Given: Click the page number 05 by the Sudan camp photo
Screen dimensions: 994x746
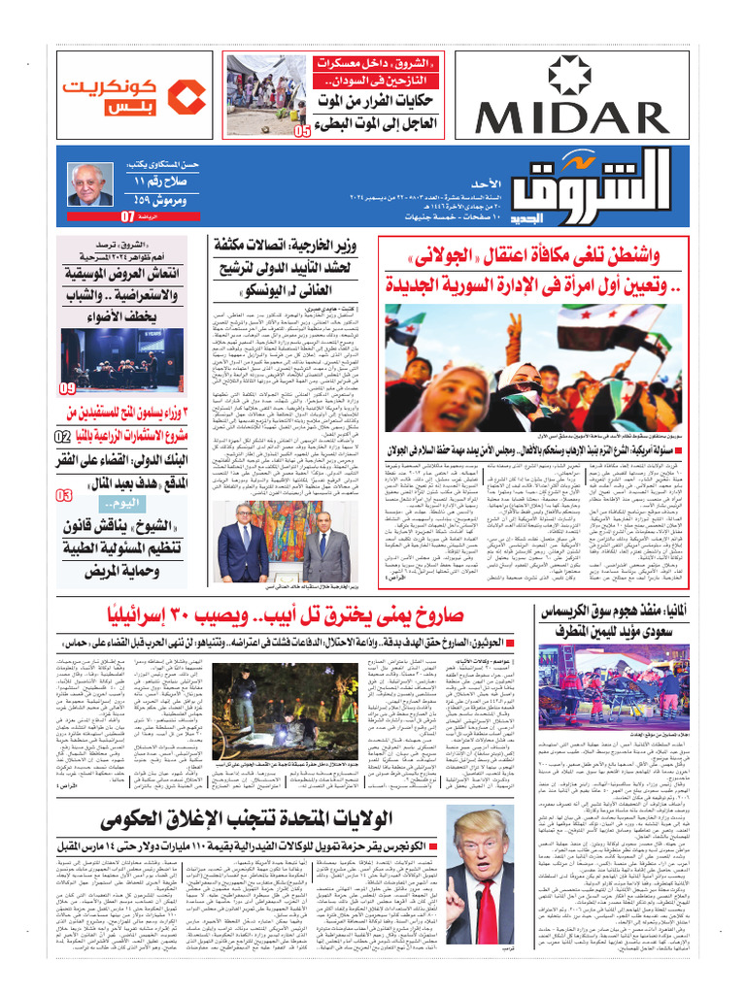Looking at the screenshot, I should point(303,130).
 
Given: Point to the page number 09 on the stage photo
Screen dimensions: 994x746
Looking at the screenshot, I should point(67,388).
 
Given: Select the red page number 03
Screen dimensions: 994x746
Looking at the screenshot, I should point(63,496).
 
